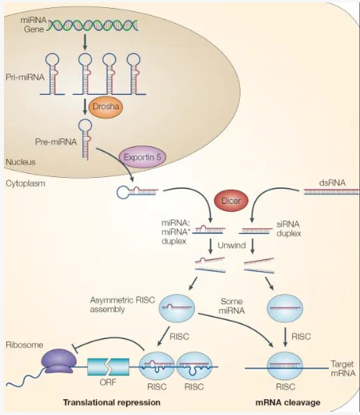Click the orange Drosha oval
coord(105,107)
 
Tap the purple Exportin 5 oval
coord(142,157)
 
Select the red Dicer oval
coord(231,201)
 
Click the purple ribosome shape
coord(59,361)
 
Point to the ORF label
coord(108,382)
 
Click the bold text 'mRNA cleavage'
coord(288,403)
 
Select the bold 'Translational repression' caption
coord(112,403)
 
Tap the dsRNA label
coord(332,183)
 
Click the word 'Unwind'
coord(232,245)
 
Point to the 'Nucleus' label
coord(21,162)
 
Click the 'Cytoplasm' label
coord(25,183)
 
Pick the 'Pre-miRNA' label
coord(56,141)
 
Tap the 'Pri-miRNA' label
coord(25,77)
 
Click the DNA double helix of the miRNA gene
coord(93,25)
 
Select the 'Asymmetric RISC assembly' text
coord(123,304)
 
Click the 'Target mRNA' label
coord(343,368)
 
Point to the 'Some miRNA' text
coord(232,306)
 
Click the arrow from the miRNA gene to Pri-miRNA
coord(85,42)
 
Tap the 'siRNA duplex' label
coord(289,228)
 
